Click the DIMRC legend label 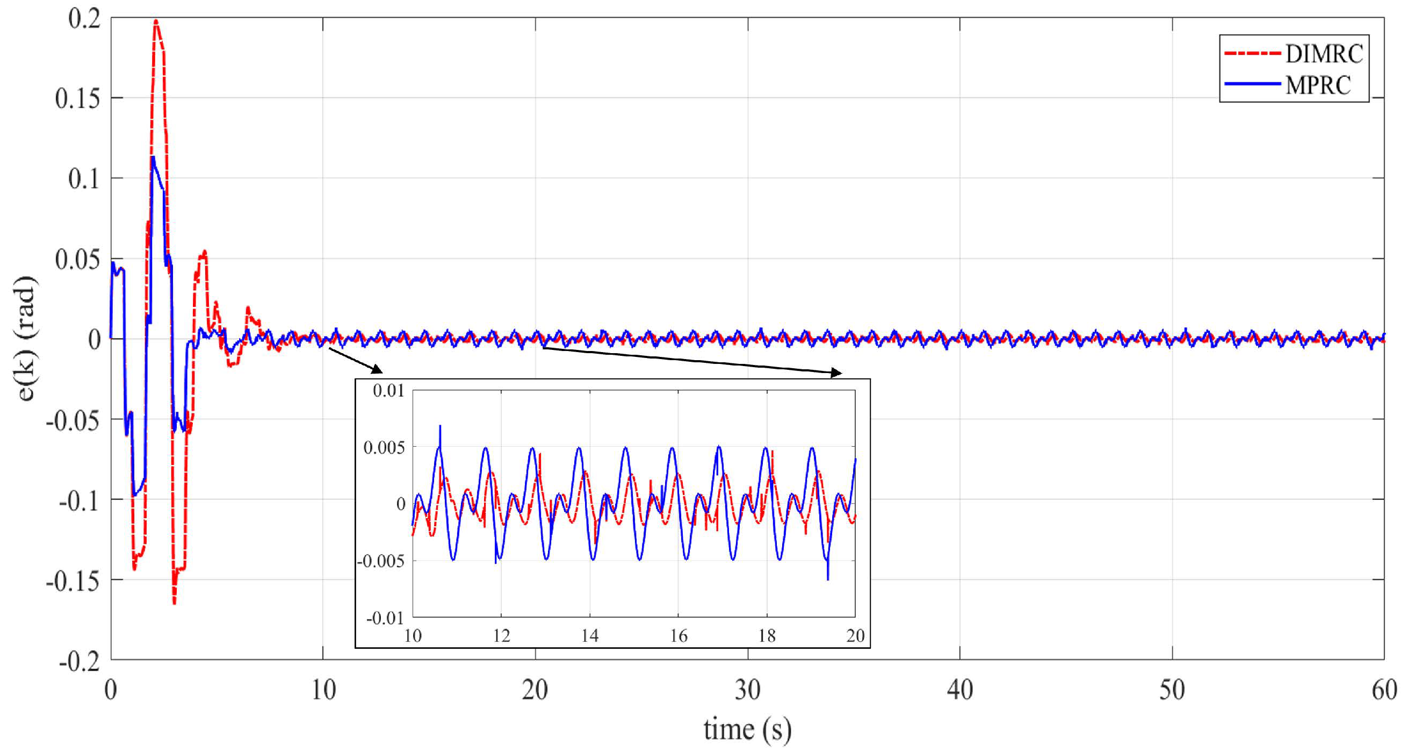click(x=1324, y=54)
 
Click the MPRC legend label click(x=1318, y=85)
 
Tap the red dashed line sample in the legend click(x=1252, y=54)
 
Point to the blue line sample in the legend click(x=1252, y=84)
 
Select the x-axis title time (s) click(x=747, y=729)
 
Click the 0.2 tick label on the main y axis click(x=84, y=19)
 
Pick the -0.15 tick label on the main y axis click(x=74, y=581)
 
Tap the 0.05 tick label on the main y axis click(x=78, y=259)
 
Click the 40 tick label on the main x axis click(x=959, y=690)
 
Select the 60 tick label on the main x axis click(x=1384, y=690)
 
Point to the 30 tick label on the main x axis click(x=747, y=690)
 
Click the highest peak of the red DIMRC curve click(x=156, y=22)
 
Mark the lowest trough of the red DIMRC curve click(x=174, y=603)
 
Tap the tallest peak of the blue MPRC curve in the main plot click(x=154, y=157)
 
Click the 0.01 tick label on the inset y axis click(x=388, y=391)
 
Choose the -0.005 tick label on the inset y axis click(x=381, y=561)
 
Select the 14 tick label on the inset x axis click(x=590, y=635)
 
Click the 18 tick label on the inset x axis click(x=767, y=635)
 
